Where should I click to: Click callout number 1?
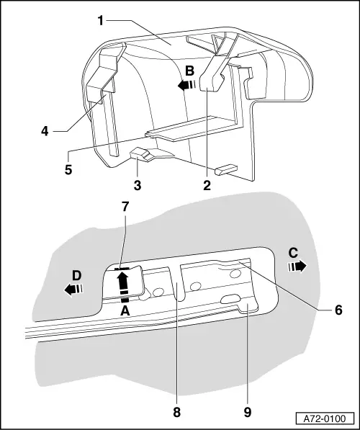(102, 21)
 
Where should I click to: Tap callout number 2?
(207, 186)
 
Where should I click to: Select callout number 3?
(138, 186)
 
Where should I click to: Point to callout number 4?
(45, 131)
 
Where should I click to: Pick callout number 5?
(68, 169)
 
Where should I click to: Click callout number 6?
(339, 310)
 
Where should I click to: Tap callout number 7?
(125, 207)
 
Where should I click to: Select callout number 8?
(177, 412)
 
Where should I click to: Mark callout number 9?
(248, 412)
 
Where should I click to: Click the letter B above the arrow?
(190, 71)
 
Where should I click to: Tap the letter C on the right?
(293, 253)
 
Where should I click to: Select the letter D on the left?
(77, 276)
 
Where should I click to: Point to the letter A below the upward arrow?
(125, 311)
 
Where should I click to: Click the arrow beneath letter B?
(186, 85)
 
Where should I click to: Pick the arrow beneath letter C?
(297, 266)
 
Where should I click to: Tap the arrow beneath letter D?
(73, 290)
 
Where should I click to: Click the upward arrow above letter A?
(122, 286)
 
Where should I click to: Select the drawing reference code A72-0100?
(325, 418)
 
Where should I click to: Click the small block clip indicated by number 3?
(140, 155)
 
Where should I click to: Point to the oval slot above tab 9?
(230, 299)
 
